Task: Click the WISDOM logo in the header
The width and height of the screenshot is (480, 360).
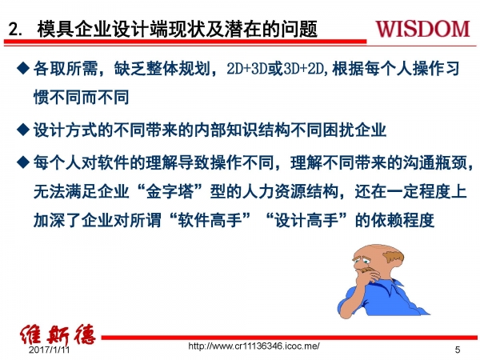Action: click(422, 29)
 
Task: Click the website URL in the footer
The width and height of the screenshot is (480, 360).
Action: click(253, 346)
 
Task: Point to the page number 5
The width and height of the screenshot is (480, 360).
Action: click(458, 350)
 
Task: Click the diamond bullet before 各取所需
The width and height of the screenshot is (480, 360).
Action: click(23, 70)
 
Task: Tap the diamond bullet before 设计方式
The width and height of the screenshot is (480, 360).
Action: click(23, 129)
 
